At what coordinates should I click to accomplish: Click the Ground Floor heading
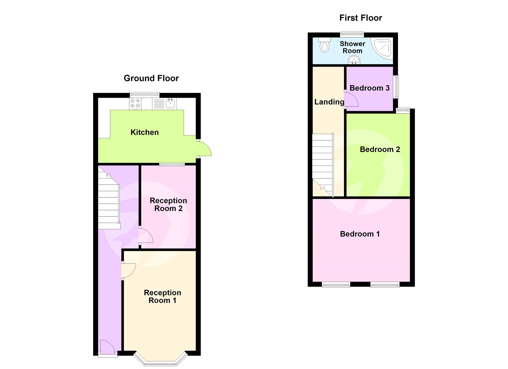151,78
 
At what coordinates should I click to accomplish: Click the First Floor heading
360,18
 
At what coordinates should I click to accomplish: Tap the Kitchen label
144,132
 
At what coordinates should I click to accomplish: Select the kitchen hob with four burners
135,104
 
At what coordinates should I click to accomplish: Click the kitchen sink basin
170,103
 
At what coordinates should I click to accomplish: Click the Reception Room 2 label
168,204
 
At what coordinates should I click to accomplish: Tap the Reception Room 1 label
162,296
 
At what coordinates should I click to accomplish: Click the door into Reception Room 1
129,271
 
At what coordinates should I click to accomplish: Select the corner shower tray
383,48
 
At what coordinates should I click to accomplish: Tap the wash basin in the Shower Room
354,60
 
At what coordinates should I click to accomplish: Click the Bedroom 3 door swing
352,100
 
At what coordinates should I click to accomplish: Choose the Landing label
329,102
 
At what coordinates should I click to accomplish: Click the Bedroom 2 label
380,149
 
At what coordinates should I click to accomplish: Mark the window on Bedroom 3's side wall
396,87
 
